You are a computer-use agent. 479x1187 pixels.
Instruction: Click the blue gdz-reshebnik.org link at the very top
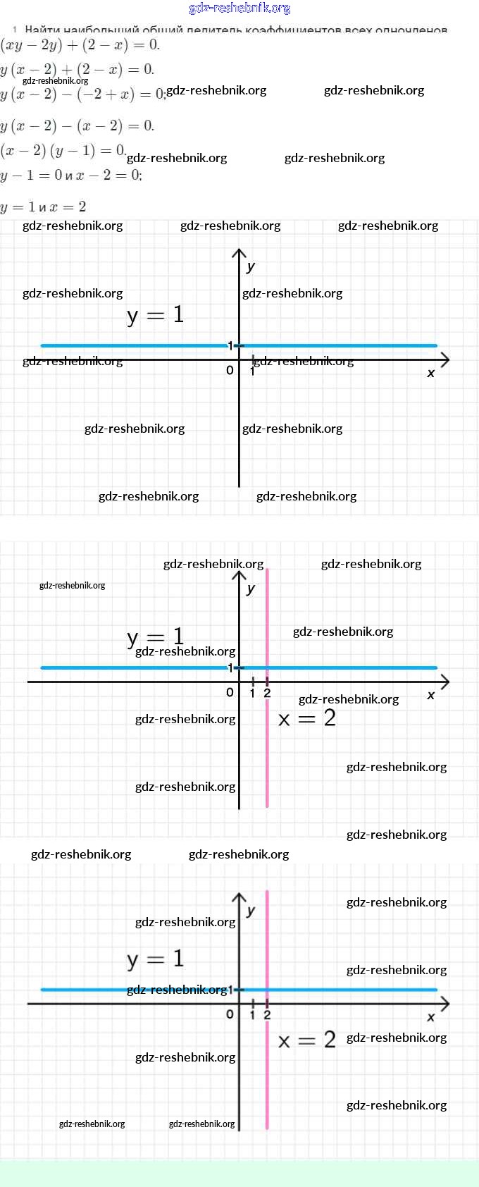click(240, 8)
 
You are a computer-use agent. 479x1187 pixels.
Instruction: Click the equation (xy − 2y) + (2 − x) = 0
click(80, 45)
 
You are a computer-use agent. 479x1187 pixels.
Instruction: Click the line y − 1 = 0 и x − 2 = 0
click(71, 175)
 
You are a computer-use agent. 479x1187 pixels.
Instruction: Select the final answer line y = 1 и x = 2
click(43, 207)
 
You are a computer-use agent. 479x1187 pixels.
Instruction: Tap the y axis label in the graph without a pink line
click(251, 266)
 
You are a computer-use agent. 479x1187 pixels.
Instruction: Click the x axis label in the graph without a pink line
click(431, 373)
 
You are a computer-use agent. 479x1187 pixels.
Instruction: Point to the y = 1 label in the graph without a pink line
click(156, 314)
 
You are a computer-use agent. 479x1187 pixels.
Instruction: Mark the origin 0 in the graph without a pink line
click(230, 370)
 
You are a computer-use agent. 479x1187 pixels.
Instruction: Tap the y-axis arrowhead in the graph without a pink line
click(240, 253)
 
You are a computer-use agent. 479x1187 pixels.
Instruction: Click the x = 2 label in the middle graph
click(307, 718)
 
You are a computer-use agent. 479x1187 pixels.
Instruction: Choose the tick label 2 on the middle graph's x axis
click(267, 694)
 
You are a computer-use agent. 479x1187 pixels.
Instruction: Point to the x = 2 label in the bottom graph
click(307, 1040)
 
